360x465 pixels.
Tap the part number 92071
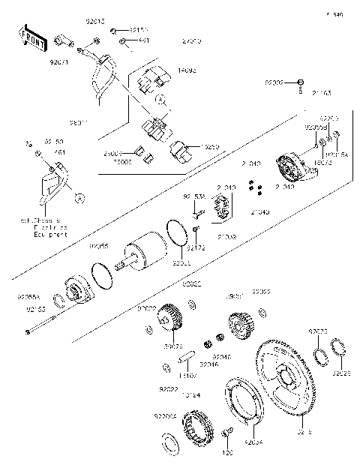pos(59,64)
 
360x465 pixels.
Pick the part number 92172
pos(196,247)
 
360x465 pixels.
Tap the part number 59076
pos(172,346)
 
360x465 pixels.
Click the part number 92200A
pos(166,415)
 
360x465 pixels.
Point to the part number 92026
pos(342,373)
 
